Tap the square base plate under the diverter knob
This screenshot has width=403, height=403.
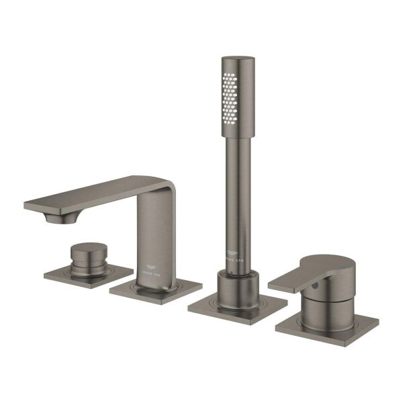67,275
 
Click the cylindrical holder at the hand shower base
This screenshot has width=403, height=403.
237,287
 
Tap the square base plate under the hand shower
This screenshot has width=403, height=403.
236,307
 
